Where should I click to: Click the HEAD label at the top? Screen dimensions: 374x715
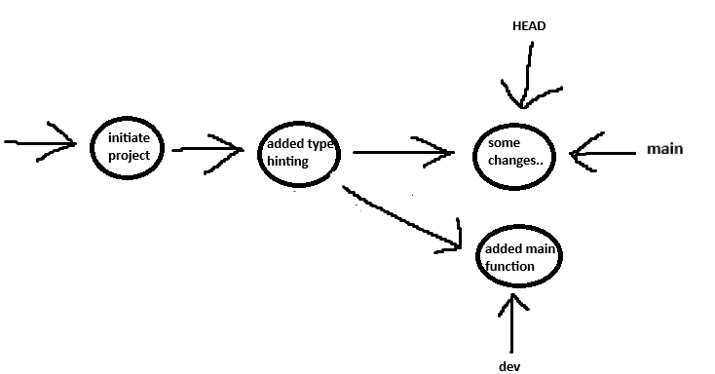point(528,26)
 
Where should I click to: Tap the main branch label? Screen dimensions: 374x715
point(664,149)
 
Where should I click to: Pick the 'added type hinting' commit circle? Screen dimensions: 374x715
point(298,153)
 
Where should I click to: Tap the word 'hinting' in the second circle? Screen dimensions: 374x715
point(287,162)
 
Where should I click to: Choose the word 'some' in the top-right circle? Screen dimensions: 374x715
point(490,144)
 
